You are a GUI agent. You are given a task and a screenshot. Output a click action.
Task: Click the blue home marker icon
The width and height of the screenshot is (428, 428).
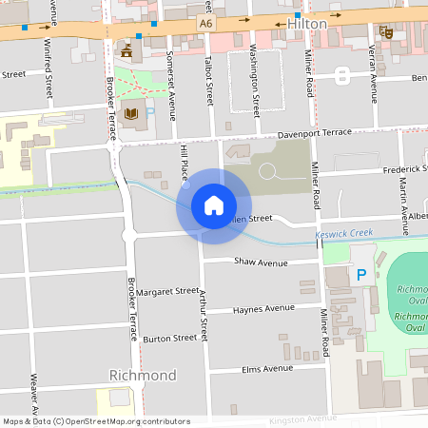[x=214, y=204]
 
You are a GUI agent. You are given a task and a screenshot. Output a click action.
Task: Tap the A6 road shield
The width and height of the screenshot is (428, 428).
[x=206, y=20]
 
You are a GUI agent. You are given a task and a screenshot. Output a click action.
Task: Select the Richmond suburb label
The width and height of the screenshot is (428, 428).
[x=143, y=375]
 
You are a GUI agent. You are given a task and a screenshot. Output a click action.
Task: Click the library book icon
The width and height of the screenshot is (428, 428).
[x=130, y=114]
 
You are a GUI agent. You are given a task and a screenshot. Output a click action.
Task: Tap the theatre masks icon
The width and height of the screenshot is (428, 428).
[x=385, y=31]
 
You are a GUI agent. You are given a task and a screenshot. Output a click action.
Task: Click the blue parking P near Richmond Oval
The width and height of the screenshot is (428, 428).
[x=360, y=275]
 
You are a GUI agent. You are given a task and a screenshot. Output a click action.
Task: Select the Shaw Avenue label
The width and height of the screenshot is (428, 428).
[x=260, y=263]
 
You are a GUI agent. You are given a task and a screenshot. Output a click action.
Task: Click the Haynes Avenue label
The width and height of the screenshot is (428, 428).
[x=263, y=308]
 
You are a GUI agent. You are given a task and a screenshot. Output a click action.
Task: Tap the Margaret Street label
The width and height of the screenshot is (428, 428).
[x=166, y=292]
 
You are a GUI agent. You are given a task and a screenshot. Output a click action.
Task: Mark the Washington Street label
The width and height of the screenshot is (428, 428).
[x=255, y=79]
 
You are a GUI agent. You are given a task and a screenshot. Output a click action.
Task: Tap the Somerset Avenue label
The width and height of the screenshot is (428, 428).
[x=172, y=86]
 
